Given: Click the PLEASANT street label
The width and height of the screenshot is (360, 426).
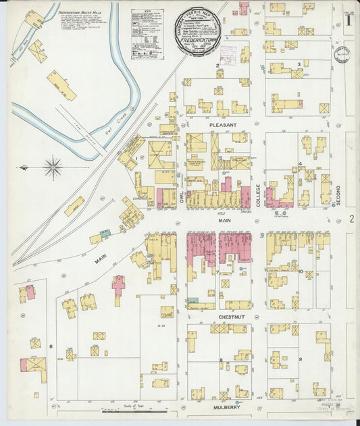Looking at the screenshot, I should coord(222,126).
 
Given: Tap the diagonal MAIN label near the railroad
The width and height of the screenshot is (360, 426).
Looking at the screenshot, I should coord(102,257).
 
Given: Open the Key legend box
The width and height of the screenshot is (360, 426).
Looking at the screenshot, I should coord(147,34).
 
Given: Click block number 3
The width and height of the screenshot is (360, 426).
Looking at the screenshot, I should coord(299,65).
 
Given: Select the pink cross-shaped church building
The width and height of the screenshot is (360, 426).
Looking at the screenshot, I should coord(119,287).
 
